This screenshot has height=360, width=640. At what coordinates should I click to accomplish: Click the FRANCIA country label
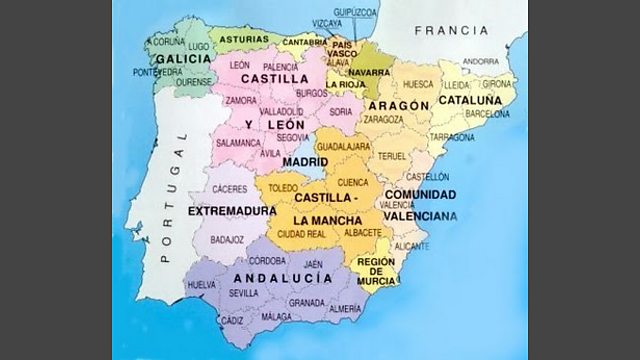(452, 30)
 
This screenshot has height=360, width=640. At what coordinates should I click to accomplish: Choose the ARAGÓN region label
(398, 105)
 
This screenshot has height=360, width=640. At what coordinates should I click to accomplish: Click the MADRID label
(305, 160)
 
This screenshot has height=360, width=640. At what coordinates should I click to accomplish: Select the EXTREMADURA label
(232, 212)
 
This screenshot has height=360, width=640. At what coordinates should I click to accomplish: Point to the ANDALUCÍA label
(282, 277)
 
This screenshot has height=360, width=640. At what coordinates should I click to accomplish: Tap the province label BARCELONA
(487, 114)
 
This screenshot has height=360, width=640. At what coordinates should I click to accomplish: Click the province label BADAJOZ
(228, 240)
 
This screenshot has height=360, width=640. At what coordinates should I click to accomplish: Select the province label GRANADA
(306, 301)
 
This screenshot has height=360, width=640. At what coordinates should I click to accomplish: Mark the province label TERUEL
(391, 156)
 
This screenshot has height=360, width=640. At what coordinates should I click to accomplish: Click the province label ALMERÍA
(344, 310)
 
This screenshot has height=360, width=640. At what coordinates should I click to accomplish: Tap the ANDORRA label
(481, 61)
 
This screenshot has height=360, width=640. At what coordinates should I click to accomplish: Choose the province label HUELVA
(202, 285)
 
